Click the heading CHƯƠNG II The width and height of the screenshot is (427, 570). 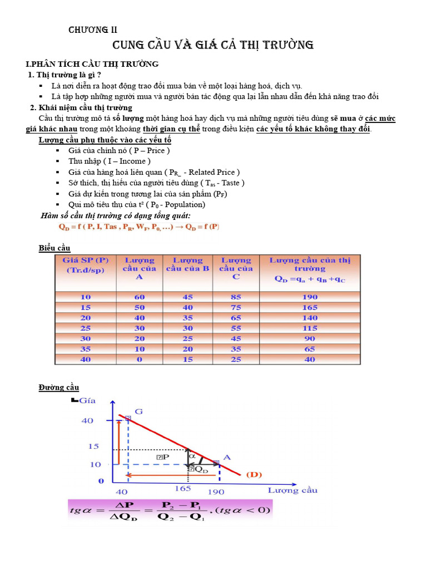point(93,30)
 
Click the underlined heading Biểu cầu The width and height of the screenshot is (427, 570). point(54,247)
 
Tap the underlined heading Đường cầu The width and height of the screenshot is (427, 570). point(59,387)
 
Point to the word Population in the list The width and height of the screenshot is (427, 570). point(182,204)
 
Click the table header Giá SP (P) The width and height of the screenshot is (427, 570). point(86,260)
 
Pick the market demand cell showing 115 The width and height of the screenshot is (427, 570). point(310,328)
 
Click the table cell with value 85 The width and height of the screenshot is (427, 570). point(236,297)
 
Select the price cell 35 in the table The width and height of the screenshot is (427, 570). point(86,349)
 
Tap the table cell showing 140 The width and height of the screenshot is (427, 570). point(310,318)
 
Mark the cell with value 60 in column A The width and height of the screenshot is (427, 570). point(139,297)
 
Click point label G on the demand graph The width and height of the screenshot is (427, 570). point(138,411)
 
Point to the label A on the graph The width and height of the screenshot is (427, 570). point(226,458)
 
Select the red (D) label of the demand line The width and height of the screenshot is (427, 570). point(254,474)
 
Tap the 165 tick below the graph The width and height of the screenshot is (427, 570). point(183,488)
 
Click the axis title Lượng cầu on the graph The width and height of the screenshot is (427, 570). point(292,490)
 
